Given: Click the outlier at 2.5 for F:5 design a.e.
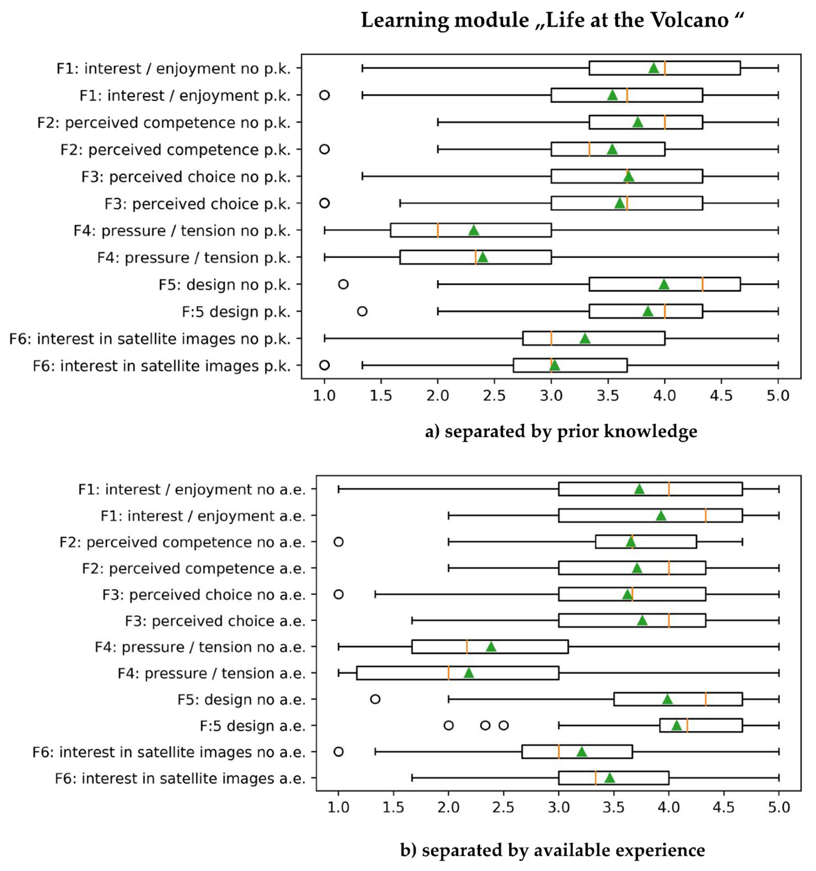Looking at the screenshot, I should click(x=504, y=726).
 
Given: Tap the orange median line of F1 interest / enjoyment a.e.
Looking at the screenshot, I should click(x=706, y=516).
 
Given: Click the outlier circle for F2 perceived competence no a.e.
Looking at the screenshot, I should click(x=338, y=542).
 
